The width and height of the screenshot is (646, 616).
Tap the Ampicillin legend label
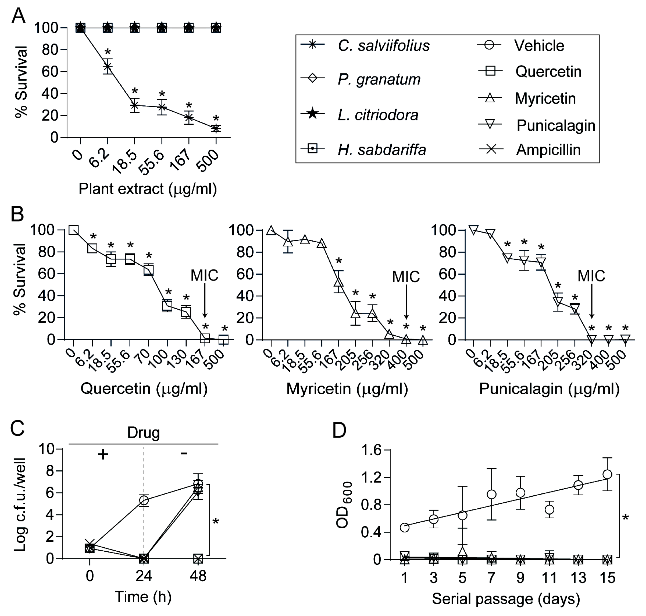548,150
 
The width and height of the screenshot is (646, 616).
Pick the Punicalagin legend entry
556,125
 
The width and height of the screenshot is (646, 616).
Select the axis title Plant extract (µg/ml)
148,189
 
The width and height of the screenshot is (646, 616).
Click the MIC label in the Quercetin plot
204,276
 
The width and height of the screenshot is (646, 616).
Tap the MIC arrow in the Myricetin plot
406,302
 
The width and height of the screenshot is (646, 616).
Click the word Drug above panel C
143,433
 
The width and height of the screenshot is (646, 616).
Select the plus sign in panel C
103,455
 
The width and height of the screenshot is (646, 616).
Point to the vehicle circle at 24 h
144,500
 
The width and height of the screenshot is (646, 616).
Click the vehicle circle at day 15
607,474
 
